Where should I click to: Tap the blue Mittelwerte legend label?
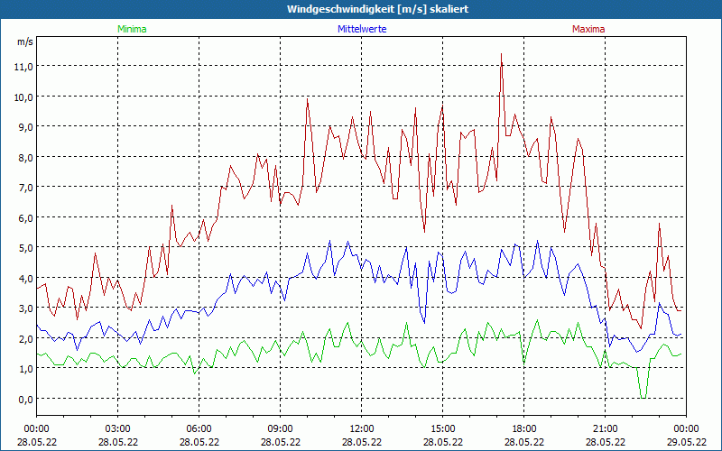click(x=361, y=29)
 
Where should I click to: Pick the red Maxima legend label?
click(x=588, y=29)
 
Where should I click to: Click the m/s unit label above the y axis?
click(x=24, y=41)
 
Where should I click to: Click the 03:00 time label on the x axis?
click(x=117, y=428)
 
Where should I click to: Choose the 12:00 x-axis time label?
click(x=361, y=428)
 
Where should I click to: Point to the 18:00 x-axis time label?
click(x=523, y=428)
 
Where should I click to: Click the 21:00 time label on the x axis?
click(x=605, y=428)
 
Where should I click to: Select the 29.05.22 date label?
click(x=686, y=442)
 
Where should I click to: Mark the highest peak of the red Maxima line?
click(x=501, y=54)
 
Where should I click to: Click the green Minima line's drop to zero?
click(x=643, y=397)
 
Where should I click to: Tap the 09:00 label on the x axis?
click(x=280, y=428)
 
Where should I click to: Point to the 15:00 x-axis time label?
click(x=442, y=428)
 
